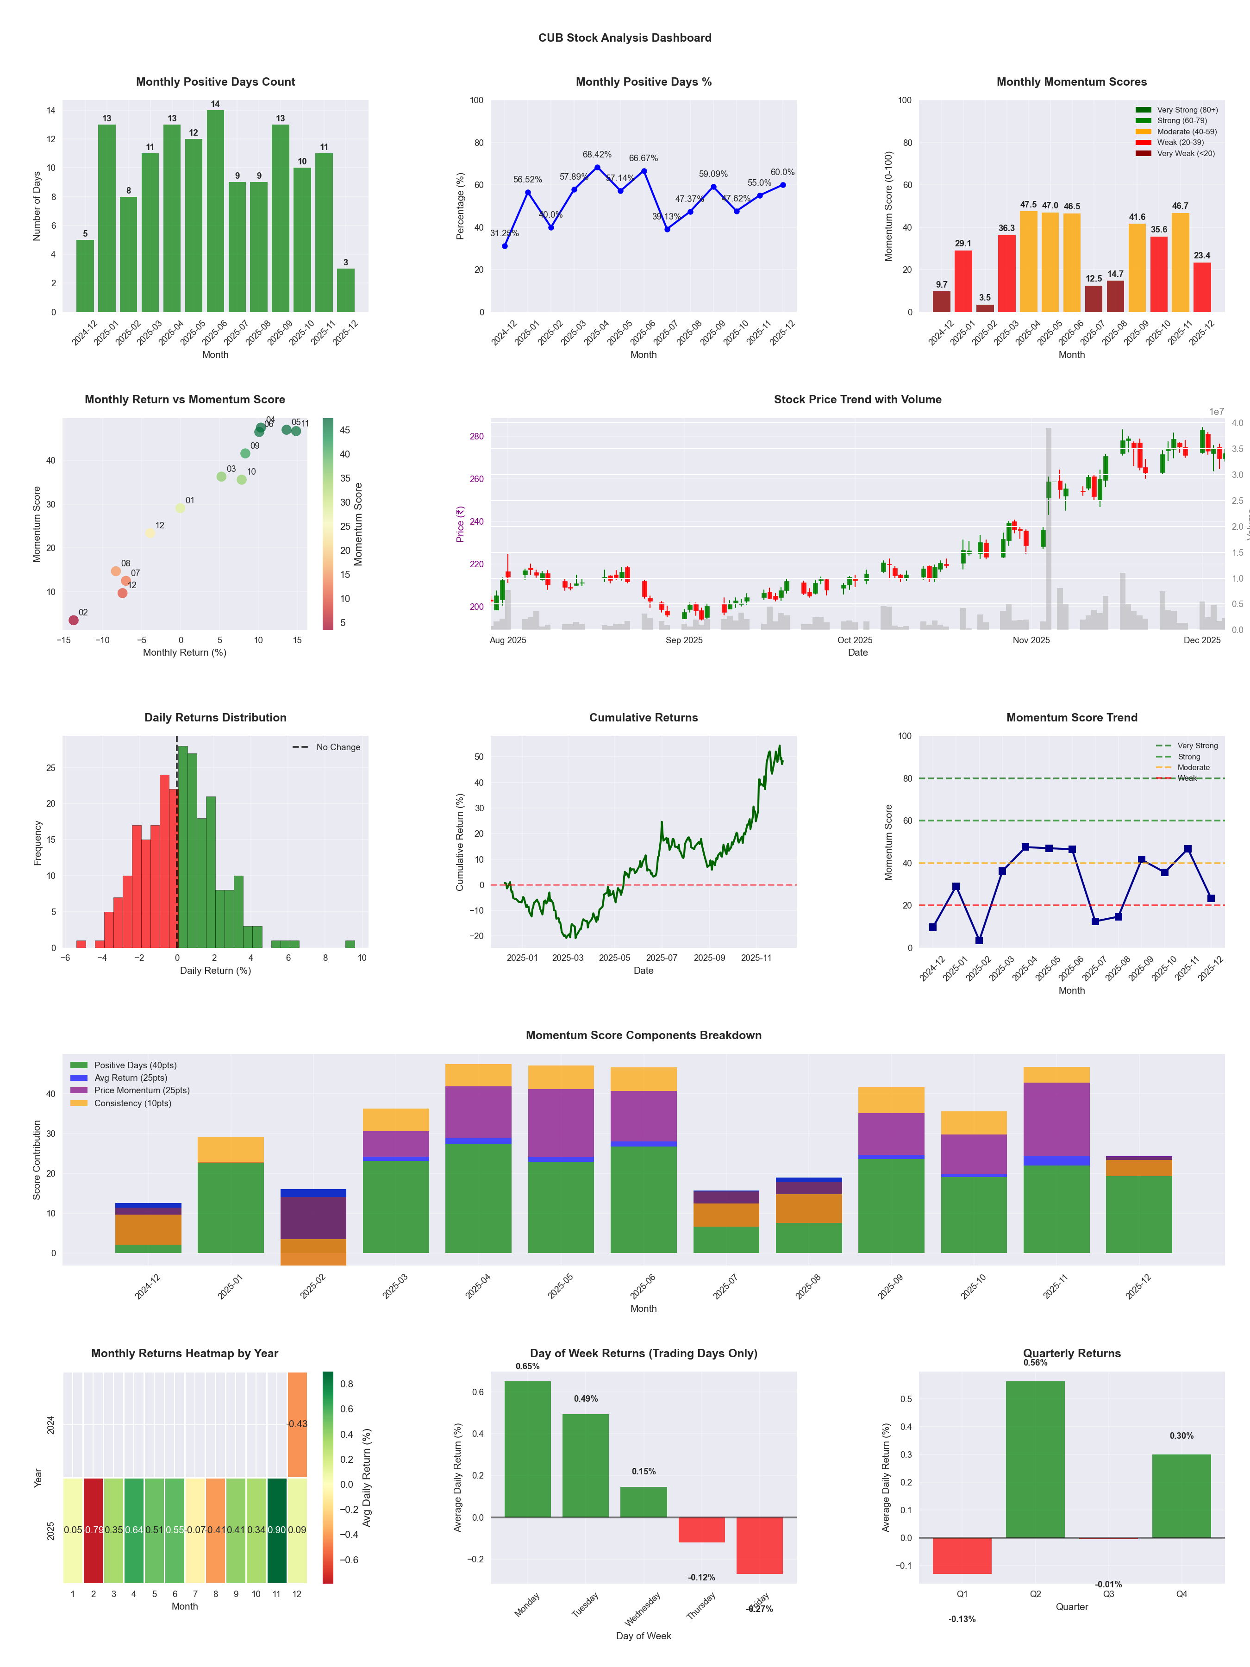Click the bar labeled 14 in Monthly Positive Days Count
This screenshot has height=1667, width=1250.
point(215,211)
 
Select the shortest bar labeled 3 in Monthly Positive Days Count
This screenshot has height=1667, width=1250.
point(346,290)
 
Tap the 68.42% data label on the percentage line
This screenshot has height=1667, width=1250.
point(597,155)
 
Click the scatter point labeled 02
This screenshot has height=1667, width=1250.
point(73,620)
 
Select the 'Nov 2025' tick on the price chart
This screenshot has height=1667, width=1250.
point(1031,640)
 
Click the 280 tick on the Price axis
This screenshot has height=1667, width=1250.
point(476,436)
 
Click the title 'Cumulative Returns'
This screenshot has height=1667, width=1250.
point(644,717)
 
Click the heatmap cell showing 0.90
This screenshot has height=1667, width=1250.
point(276,1530)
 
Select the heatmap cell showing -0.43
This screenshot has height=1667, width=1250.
point(297,1424)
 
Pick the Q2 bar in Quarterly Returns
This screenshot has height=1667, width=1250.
point(1035,1460)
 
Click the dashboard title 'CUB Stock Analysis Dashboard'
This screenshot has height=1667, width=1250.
point(625,38)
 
